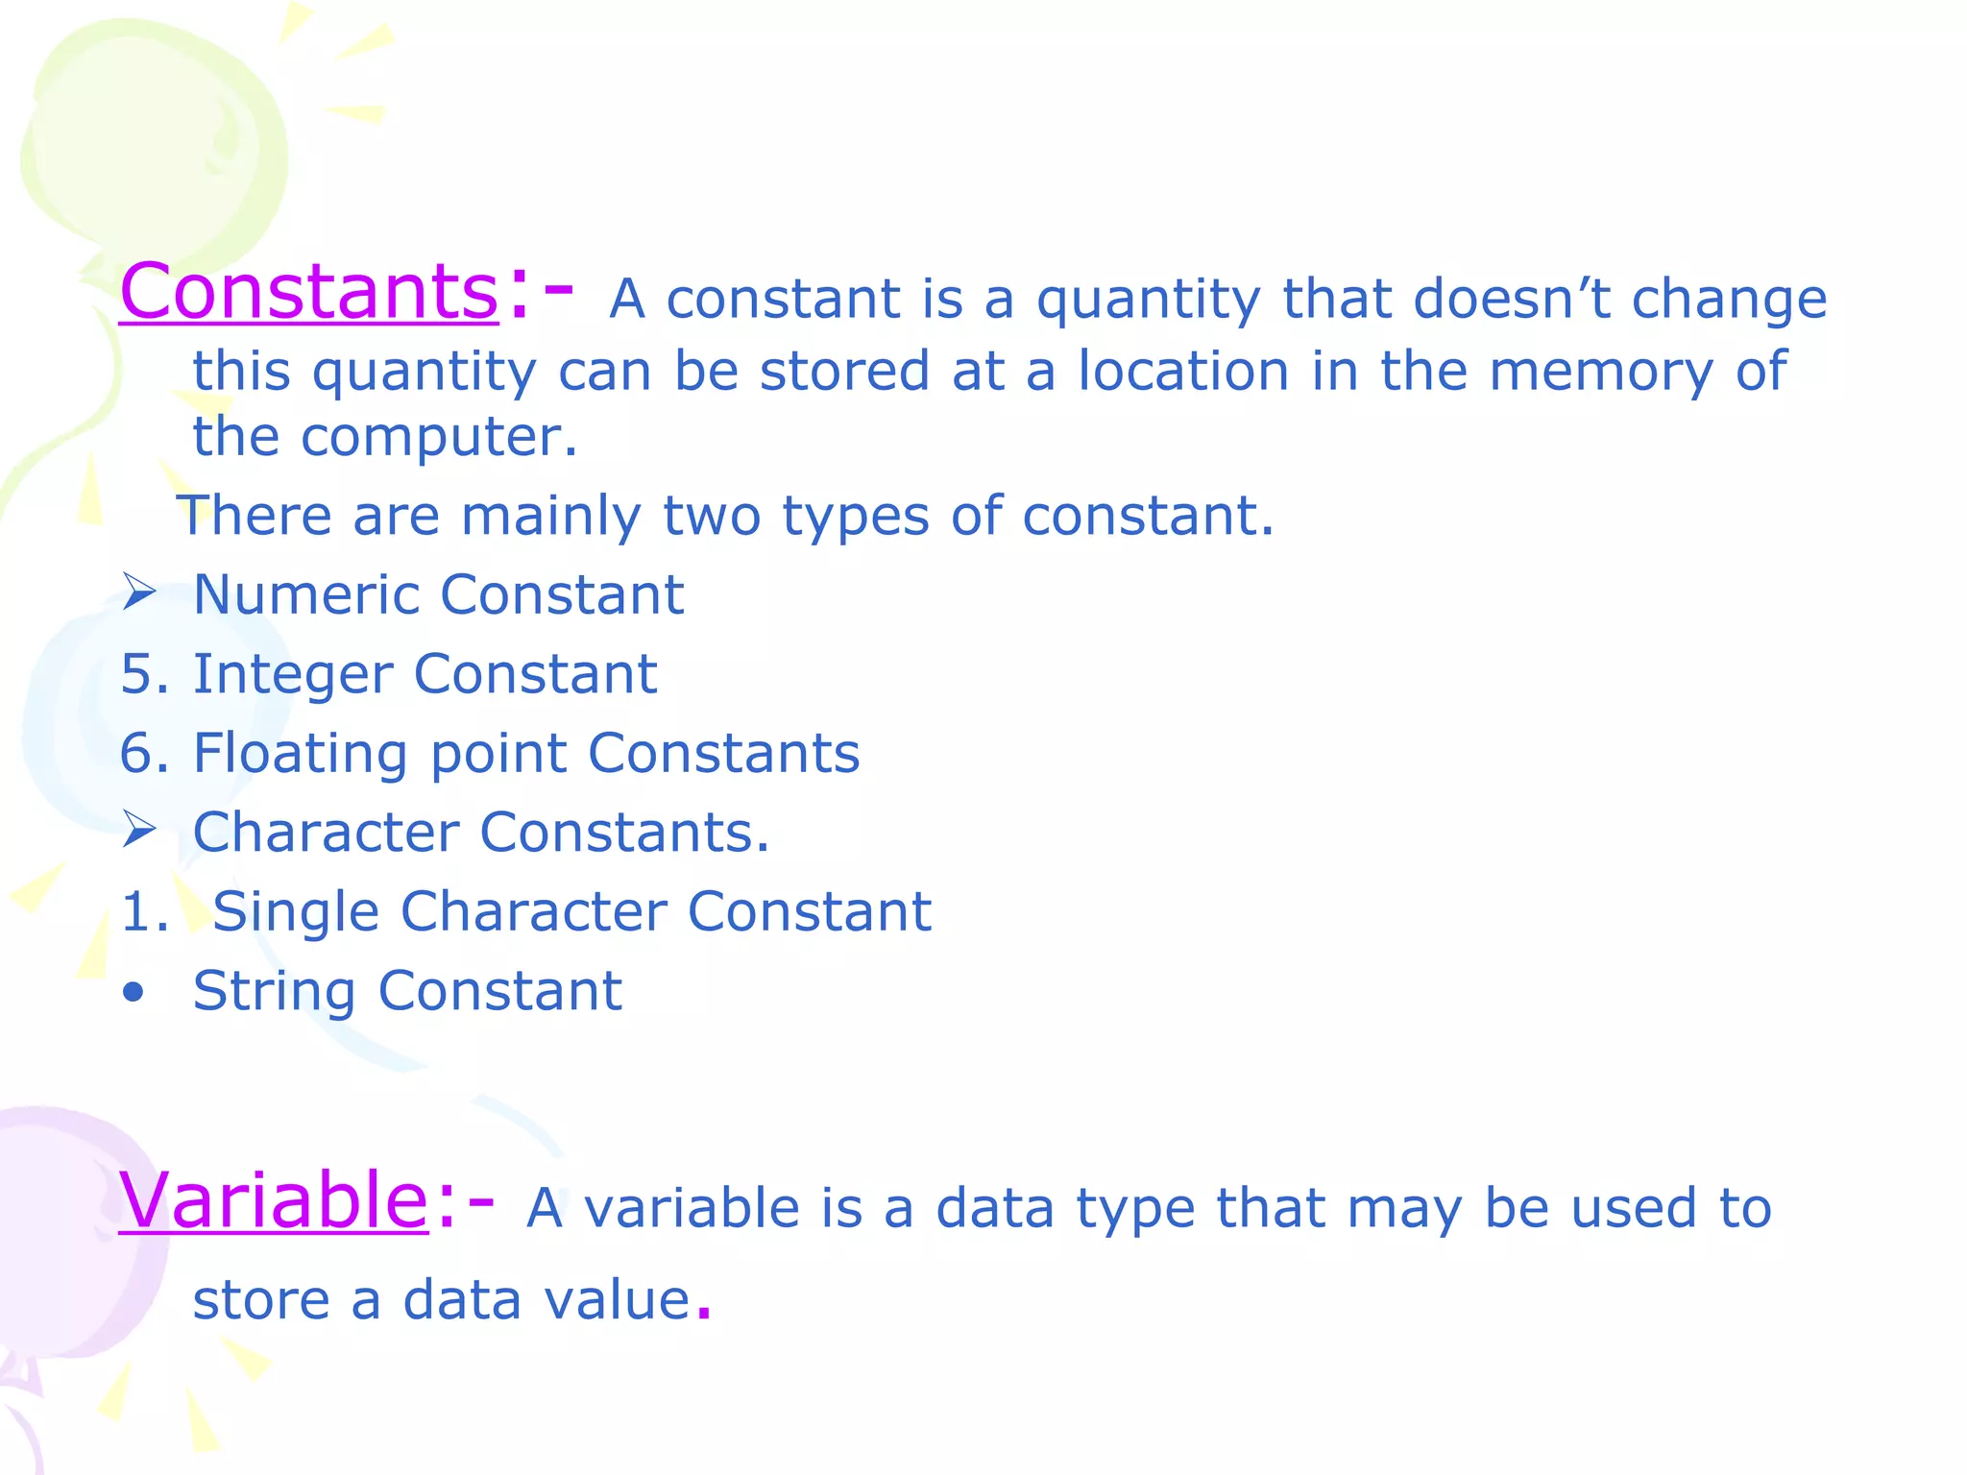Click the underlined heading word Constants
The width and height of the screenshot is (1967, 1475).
pyautogui.click(x=308, y=292)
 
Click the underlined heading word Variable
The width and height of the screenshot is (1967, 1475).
pyautogui.click(x=273, y=1200)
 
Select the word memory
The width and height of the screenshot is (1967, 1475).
pyautogui.click(x=1600, y=372)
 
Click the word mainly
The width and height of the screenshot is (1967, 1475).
pyautogui.click(x=550, y=517)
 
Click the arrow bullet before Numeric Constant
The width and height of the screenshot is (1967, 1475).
pyautogui.click(x=139, y=592)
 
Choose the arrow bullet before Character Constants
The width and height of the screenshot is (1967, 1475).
pyautogui.click(x=139, y=830)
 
